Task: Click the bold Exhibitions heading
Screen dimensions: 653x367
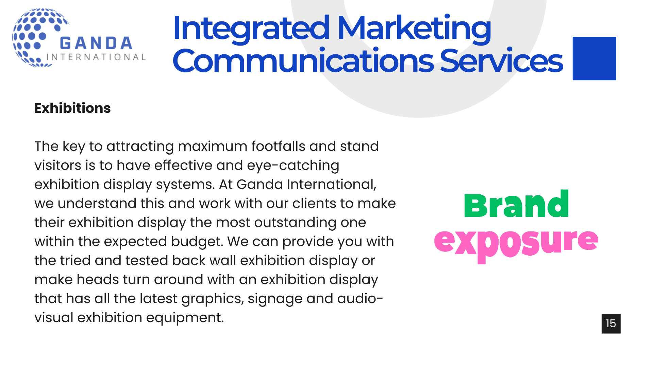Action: tap(72, 108)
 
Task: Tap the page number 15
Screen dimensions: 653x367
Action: tap(611, 324)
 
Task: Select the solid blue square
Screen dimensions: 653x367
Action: tap(594, 58)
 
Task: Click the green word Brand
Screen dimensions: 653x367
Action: tap(516, 204)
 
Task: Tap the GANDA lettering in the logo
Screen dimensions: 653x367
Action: tap(96, 43)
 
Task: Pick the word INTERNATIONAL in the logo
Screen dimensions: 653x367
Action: tap(96, 57)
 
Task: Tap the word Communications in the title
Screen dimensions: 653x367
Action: tap(303, 61)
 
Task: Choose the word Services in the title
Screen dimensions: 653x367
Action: tap(501, 61)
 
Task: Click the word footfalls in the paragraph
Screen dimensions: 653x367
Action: tap(278, 146)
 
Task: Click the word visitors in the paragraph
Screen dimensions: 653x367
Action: tap(58, 165)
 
